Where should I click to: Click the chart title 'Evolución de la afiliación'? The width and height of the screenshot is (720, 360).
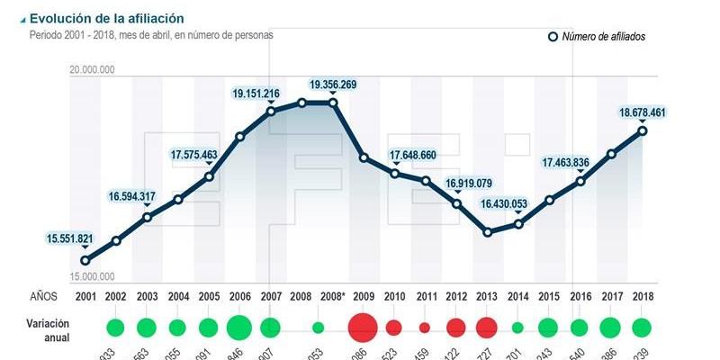pos(106,18)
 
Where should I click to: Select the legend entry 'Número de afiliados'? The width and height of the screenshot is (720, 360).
pos(603,37)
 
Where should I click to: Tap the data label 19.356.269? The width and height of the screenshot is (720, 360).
pos(332,85)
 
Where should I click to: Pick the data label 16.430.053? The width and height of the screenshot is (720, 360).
pos(504,204)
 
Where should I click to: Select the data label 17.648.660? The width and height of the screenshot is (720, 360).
pos(425,156)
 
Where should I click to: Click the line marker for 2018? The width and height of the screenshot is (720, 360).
pos(643,130)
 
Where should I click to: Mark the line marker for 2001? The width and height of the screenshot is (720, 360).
pos(85,261)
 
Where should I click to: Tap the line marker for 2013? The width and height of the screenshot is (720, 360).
pos(488,232)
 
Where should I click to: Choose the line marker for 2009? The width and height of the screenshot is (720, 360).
pos(364,157)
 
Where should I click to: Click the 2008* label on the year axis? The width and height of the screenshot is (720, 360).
pos(332,295)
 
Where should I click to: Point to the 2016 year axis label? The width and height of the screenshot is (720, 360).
pos(580,295)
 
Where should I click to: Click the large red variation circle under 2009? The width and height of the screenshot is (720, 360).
pos(363,327)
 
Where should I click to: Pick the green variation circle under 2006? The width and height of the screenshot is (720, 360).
pos(238,327)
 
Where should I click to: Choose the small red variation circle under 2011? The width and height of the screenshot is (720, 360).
pos(425,328)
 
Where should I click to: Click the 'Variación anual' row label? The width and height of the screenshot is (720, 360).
pos(50,328)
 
